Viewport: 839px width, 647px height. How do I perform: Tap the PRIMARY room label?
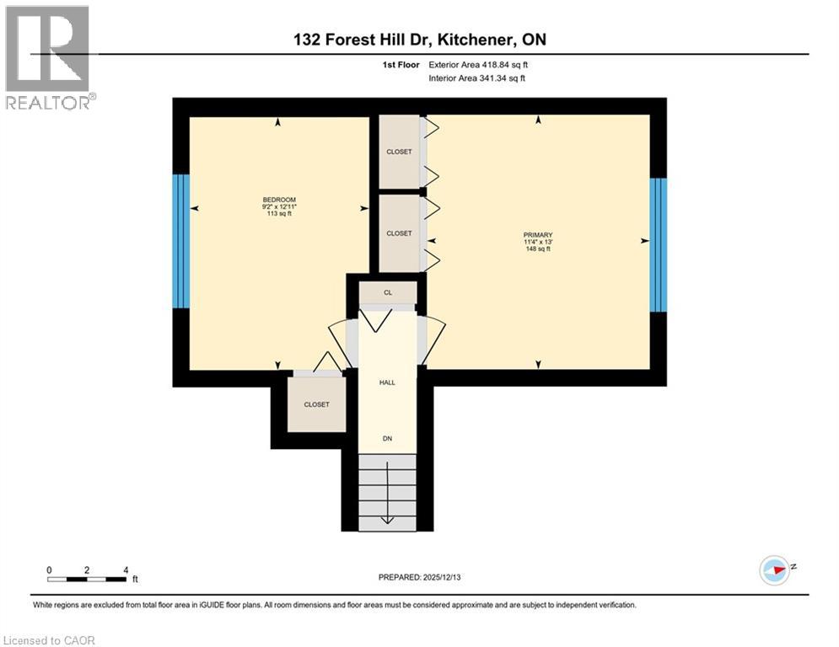536,235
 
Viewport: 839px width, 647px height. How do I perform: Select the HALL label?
386,382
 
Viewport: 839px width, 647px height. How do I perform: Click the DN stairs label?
386,438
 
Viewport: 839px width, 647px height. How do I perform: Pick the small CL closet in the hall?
388,293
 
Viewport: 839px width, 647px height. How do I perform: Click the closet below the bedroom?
316,404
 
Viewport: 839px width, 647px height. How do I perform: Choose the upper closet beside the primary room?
399,152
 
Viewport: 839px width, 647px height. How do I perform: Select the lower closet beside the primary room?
399,233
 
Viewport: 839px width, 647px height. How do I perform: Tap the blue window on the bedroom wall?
180,241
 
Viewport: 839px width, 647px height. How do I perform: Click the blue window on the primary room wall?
659,244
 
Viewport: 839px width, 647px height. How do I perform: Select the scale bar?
88,579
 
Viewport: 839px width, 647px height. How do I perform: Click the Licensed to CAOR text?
49,640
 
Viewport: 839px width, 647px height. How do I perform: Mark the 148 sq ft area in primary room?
536,249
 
